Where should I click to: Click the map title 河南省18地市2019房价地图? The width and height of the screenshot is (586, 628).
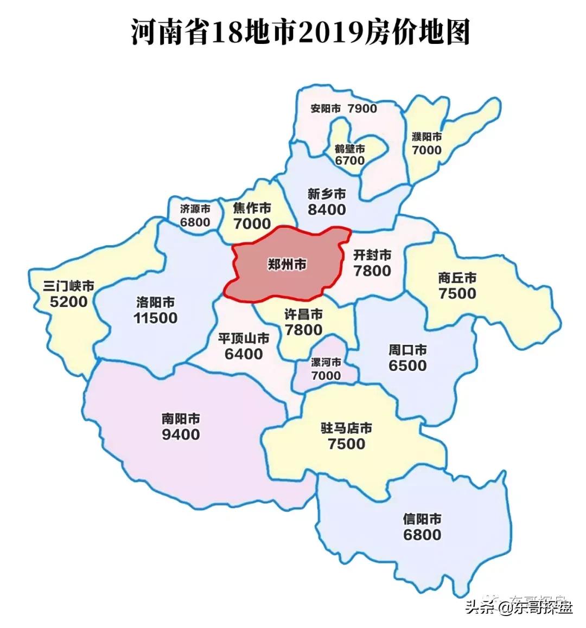tap(300, 32)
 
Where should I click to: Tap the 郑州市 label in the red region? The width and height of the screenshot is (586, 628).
tap(287, 265)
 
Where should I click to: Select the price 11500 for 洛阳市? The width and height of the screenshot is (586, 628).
tap(156, 318)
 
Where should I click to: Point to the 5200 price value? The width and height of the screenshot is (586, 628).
tap(68, 301)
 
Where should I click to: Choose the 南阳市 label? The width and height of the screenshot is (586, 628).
tap(181, 419)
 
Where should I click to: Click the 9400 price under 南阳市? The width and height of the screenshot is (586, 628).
tap(181, 434)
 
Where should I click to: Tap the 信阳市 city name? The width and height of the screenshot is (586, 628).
tap(422, 519)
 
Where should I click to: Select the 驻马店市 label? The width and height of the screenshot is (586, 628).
tap(347, 428)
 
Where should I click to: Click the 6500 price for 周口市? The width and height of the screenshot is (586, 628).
tap(407, 366)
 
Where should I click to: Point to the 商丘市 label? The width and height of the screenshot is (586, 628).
tap(457, 278)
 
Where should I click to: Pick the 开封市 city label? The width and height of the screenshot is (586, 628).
tap(372, 254)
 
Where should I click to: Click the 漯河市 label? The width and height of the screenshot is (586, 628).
tap(326, 362)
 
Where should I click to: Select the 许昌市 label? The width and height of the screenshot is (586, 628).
tap(304, 315)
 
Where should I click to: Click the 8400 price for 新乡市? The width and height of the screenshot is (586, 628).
tap(327, 209)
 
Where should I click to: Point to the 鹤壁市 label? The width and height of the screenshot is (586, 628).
tap(350, 149)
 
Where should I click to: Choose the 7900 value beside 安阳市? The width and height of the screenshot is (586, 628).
tap(362, 108)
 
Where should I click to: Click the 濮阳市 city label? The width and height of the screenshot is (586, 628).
tap(427, 136)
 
